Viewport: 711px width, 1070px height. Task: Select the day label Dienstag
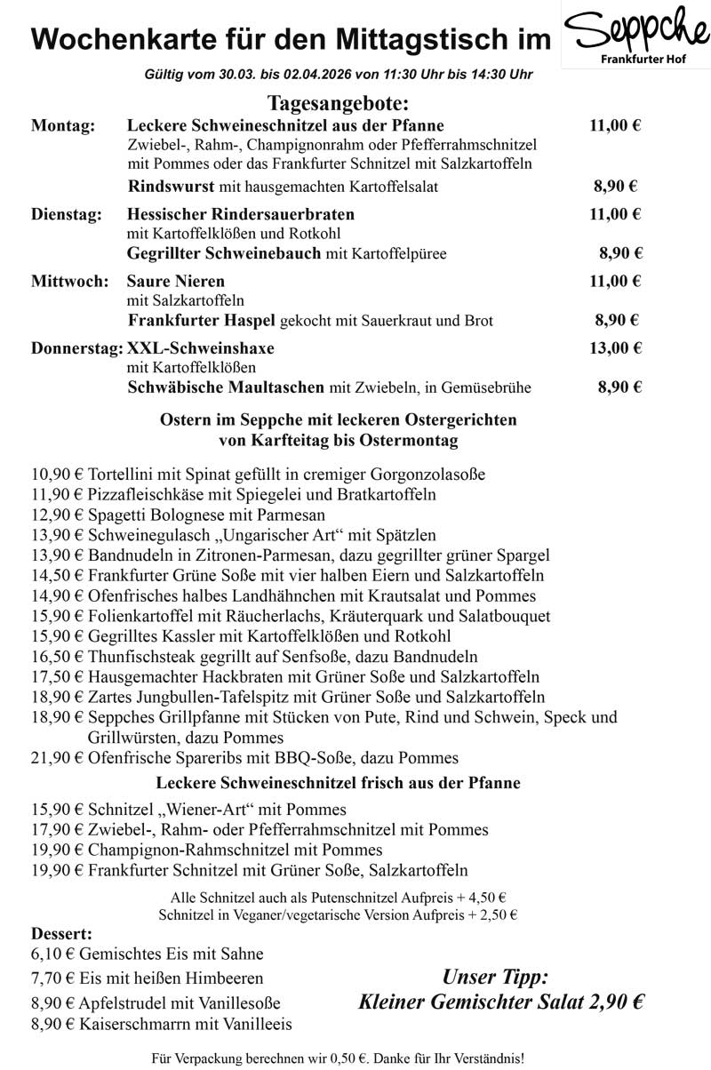point(67,214)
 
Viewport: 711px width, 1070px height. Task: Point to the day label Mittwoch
point(69,282)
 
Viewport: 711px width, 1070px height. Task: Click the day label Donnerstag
point(77,347)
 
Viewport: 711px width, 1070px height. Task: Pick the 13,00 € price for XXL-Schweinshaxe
point(615,347)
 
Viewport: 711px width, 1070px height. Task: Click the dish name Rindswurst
point(167,187)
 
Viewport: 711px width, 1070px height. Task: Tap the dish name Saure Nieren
point(176,282)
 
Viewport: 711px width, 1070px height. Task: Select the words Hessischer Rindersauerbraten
point(241,214)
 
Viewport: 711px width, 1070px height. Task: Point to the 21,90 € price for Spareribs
point(57,758)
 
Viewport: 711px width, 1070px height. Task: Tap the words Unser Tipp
point(496,978)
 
